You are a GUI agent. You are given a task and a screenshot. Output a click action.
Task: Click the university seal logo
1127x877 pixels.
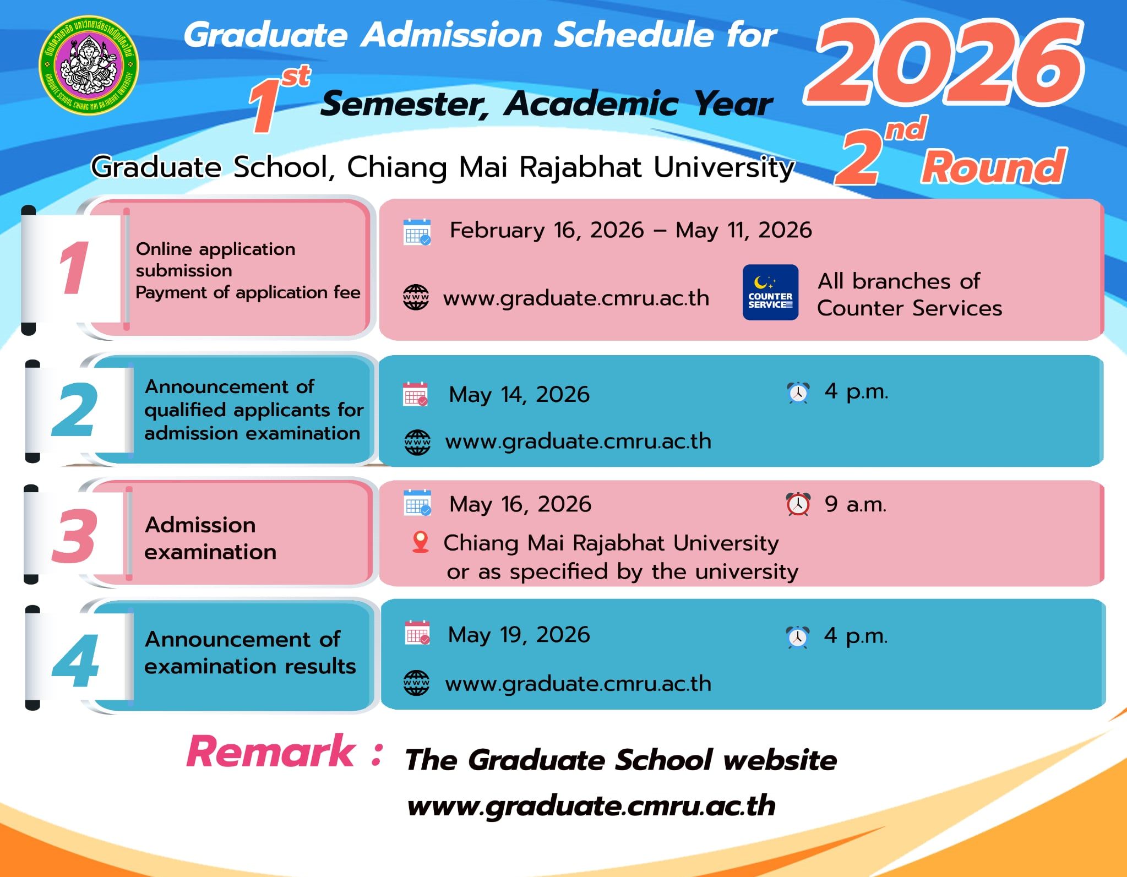coord(89,65)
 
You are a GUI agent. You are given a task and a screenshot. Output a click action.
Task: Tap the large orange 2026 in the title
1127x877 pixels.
coord(945,62)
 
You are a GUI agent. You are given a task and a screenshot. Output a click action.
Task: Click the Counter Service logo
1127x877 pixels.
coord(770,292)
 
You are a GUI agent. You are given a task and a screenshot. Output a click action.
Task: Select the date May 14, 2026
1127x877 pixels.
coord(519,395)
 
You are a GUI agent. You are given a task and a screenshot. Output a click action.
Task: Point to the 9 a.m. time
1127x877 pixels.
coord(856,504)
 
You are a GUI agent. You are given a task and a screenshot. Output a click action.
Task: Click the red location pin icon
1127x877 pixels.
coord(421,542)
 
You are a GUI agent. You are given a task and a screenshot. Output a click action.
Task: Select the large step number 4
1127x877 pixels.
coord(75,660)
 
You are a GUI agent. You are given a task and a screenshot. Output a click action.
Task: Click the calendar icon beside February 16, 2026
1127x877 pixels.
coord(417,232)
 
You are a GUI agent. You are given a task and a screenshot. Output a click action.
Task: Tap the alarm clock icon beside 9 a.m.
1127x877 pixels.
coord(798,504)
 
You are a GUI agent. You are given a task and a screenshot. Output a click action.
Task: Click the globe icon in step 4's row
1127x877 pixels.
coord(417,683)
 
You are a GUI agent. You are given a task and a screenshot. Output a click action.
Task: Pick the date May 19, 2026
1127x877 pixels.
coord(519,635)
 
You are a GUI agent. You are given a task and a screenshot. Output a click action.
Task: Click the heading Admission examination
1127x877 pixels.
coord(210,538)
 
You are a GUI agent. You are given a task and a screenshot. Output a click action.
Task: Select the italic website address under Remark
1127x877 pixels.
coord(591,805)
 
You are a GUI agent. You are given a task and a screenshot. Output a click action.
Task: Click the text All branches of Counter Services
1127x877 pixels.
coord(910,295)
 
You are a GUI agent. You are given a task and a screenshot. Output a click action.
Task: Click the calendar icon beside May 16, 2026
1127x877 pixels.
coord(417,502)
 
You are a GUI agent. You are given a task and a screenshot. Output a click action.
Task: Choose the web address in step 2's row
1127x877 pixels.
coord(578,441)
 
